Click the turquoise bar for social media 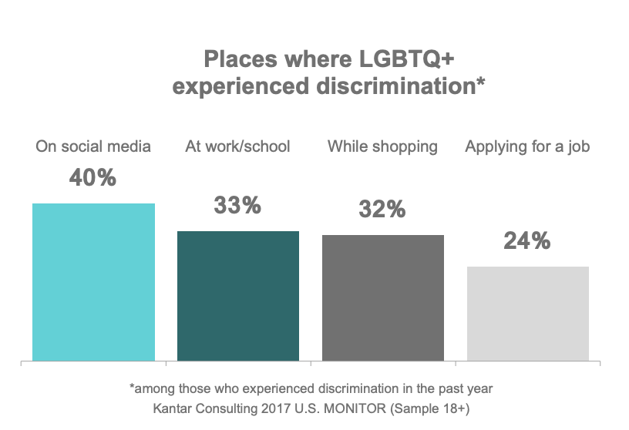tap(93, 281)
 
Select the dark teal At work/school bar tap(238, 295)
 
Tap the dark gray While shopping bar tap(383, 297)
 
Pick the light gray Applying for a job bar tap(528, 313)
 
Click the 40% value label tap(92, 178)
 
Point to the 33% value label tap(237, 206)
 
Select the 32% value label tap(382, 209)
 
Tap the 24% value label tap(527, 241)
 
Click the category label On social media tap(93, 146)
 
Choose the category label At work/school tap(237, 146)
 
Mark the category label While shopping tap(382, 146)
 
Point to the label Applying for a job tap(527, 146)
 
